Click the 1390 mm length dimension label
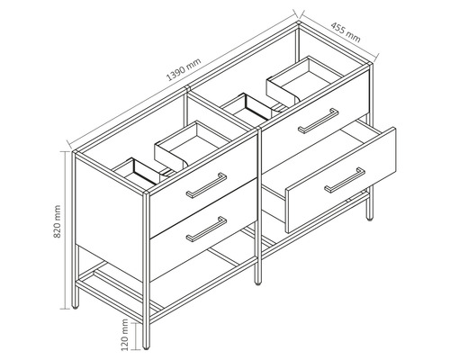(184, 69)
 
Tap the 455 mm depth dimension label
(346, 32)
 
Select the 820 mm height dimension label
(57, 221)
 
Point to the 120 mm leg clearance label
(125, 335)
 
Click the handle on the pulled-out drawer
(345, 180)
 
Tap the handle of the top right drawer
(319, 121)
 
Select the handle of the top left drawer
(206, 185)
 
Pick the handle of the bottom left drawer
(206, 229)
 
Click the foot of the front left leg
(146, 347)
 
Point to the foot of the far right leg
(370, 219)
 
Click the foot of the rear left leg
(76, 307)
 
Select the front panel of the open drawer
(341, 180)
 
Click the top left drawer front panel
(203, 184)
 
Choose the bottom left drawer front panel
(203, 230)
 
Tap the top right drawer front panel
(316, 121)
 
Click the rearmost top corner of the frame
(299, 22)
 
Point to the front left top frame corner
(146, 193)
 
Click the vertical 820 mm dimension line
(65, 230)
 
